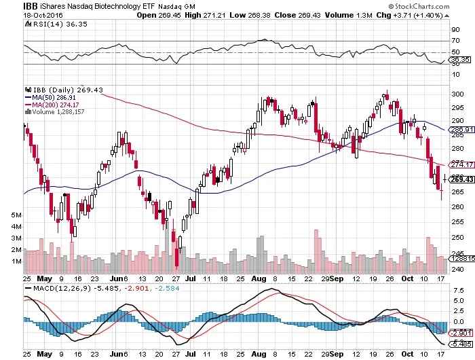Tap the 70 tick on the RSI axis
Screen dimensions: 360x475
tap(455, 41)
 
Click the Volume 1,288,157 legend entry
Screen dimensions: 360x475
tap(59, 112)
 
